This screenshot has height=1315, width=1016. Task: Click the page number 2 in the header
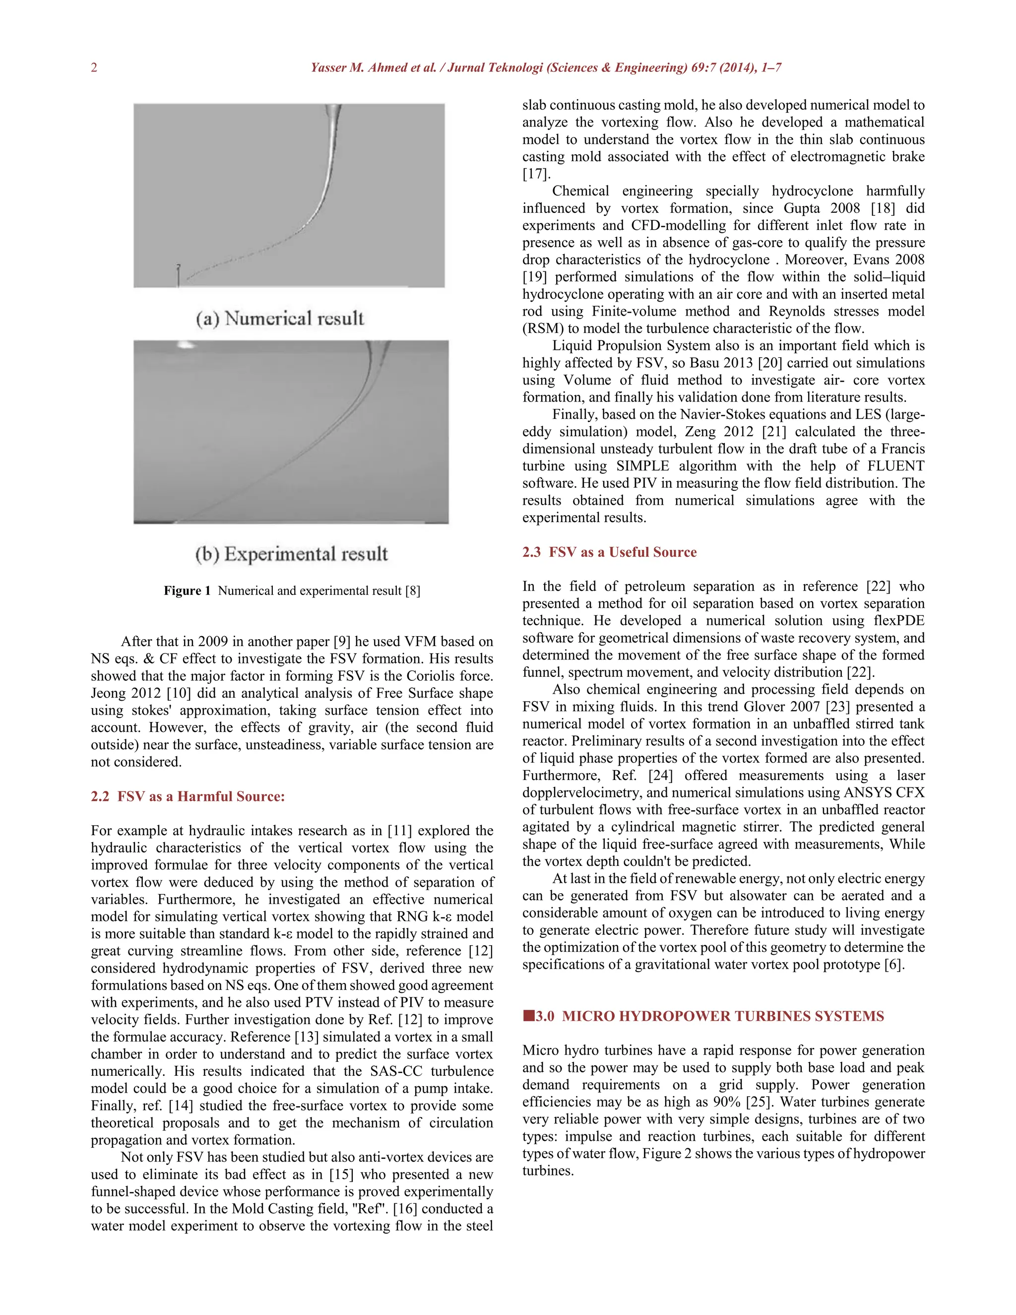coord(94,67)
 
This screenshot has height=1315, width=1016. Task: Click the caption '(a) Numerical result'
coord(280,318)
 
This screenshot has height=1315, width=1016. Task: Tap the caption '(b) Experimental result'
coord(291,553)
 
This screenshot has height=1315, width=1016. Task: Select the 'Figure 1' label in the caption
coord(187,591)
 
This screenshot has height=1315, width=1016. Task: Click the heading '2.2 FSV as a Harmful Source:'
coord(188,796)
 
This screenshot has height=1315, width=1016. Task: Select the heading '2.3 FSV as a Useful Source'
coord(609,552)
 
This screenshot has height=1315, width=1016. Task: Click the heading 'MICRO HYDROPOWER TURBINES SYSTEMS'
coord(722,1016)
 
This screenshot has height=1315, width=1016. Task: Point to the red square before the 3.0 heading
coord(528,1016)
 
